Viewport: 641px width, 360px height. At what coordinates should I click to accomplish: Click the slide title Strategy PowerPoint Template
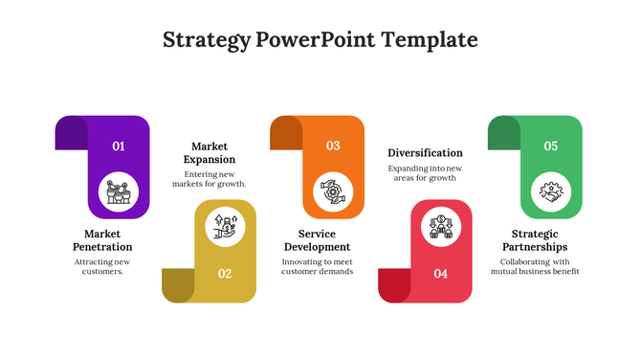coord(320,40)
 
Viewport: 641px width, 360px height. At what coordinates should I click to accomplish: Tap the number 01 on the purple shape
coord(119,146)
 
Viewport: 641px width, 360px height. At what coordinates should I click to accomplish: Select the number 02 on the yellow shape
coord(225,274)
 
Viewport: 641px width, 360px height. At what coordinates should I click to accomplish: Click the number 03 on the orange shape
coord(333,146)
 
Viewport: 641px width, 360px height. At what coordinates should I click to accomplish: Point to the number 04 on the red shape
coord(440,274)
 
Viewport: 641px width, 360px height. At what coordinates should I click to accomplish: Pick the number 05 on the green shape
coord(551,146)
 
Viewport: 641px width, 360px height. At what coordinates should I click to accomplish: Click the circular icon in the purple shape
coord(119,191)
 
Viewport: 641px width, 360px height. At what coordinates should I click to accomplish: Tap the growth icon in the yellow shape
coord(225,226)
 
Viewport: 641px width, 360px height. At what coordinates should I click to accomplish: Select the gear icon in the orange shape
coord(333,191)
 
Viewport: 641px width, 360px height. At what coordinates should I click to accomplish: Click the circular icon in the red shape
coord(440,226)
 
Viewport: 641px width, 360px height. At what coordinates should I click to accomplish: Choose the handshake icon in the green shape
coord(551,191)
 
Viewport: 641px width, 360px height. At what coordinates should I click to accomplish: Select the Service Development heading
coord(317,240)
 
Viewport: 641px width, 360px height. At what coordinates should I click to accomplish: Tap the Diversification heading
coord(425,152)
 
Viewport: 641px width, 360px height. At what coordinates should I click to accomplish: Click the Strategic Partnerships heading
coord(535,240)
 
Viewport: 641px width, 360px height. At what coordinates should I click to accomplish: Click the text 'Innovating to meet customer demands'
coord(317,266)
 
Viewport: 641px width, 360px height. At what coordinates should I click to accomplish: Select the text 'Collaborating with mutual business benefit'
coord(535,266)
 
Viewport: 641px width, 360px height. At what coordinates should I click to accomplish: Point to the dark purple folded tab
coord(71,132)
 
